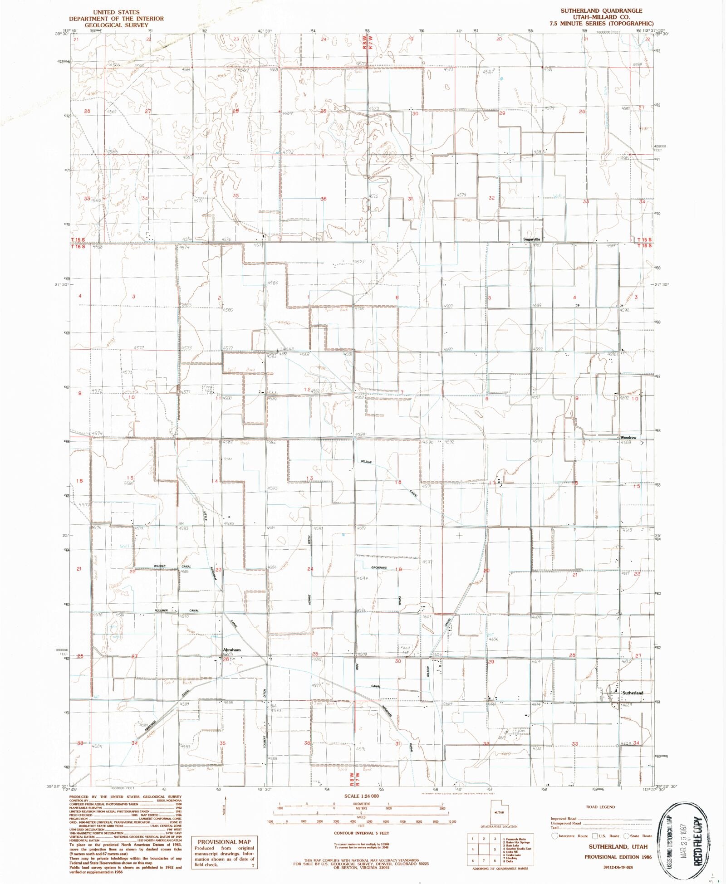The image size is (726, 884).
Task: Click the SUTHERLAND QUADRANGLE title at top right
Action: click(x=601, y=10)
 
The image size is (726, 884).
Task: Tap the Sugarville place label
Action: click(x=532, y=239)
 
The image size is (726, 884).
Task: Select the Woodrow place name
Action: click(x=628, y=438)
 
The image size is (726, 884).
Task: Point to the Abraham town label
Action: click(x=231, y=650)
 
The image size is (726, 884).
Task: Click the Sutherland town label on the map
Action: click(x=633, y=693)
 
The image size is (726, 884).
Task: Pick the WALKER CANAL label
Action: click(x=172, y=567)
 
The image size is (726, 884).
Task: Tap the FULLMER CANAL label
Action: click(x=177, y=610)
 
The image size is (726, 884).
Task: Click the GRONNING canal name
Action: click(x=379, y=568)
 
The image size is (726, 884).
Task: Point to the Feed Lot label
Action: click(x=405, y=650)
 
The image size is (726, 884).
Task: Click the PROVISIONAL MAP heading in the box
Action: click(x=224, y=842)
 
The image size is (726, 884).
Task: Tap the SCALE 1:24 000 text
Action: click(x=361, y=796)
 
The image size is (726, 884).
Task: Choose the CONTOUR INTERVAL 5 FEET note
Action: click(x=361, y=833)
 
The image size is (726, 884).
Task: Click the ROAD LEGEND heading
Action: click(x=600, y=807)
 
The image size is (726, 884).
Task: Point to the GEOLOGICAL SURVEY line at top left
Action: click(x=116, y=25)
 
